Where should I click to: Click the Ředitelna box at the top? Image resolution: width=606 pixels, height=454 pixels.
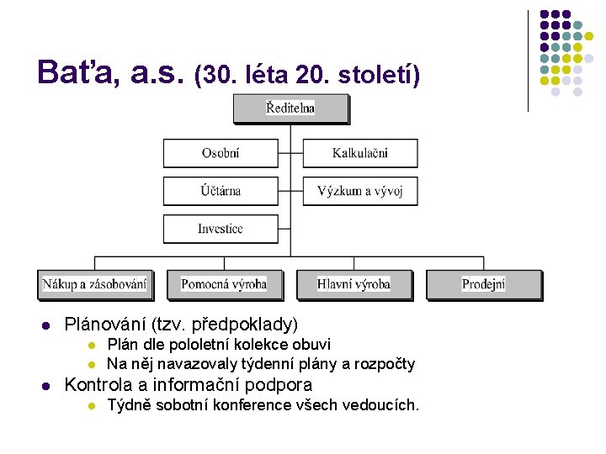click(290, 108)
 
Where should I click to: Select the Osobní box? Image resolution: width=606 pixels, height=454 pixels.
click(220, 153)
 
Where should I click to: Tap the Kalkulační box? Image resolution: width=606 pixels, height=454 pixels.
click(360, 153)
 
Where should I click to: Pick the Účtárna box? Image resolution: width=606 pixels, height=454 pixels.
click(220, 191)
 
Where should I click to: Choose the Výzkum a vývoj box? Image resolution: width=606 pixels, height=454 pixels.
click(360, 191)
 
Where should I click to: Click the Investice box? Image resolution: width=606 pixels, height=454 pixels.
click(220, 229)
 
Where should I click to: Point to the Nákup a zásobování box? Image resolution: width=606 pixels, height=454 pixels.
click(94, 284)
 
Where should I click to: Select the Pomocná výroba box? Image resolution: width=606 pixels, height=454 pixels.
click(224, 284)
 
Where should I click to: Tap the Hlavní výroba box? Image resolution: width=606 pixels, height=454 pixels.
click(353, 284)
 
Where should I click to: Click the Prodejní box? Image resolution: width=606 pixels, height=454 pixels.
click(483, 284)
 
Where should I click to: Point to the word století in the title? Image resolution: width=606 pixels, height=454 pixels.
click(378, 76)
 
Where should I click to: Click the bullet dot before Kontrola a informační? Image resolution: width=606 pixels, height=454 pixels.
click(47, 386)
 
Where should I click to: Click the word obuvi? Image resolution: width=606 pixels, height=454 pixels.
click(311, 344)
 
